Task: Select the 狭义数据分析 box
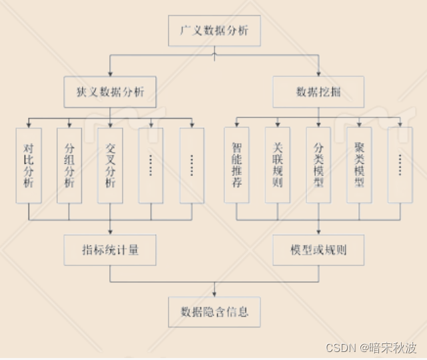pyautogui.click(x=112, y=92)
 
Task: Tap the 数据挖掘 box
pyautogui.click(x=319, y=92)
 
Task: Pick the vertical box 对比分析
pyautogui.click(x=29, y=165)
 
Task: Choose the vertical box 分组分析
pyautogui.click(x=69, y=165)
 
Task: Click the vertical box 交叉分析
pyautogui.click(x=111, y=165)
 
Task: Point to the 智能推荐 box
pyautogui.click(x=237, y=165)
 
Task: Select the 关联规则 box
pyautogui.click(x=278, y=165)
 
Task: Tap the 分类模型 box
pyautogui.click(x=318, y=165)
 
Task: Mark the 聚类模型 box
pyautogui.click(x=359, y=165)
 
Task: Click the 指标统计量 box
pyautogui.click(x=111, y=251)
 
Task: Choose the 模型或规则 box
pyautogui.click(x=318, y=251)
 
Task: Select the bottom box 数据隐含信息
pyautogui.click(x=214, y=312)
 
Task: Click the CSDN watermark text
pyautogui.click(x=340, y=347)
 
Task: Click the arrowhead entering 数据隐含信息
pyautogui.click(x=214, y=294)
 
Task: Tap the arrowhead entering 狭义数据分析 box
pyautogui.click(x=111, y=74)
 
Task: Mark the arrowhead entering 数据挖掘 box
pyautogui.click(x=319, y=74)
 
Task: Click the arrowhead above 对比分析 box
pyautogui.click(x=29, y=125)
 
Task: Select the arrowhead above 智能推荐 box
pyautogui.click(x=237, y=125)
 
